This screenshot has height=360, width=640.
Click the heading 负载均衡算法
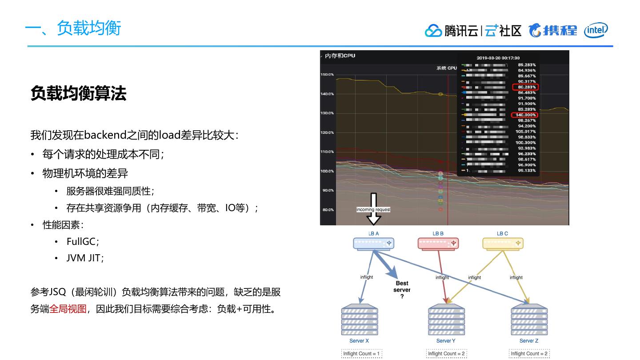(x=78, y=93)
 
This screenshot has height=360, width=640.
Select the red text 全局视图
(x=68, y=308)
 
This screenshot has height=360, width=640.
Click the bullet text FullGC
(x=82, y=241)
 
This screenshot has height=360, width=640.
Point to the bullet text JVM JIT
(x=84, y=258)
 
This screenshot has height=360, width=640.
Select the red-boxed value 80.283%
(x=525, y=87)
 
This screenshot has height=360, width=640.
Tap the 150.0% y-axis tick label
(x=327, y=75)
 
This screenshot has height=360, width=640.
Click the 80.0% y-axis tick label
(x=328, y=210)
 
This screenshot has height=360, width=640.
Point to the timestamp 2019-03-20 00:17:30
(x=498, y=58)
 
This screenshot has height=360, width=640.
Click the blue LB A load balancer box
(x=373, y=244)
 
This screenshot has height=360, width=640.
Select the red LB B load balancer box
(x=438, y=244)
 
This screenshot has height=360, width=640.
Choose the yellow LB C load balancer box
(x=503, y=244)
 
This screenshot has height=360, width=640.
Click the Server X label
(x=359, y=341)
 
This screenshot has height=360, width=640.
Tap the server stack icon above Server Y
(x=446, y=320)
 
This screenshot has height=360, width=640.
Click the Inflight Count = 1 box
(x=361, y=354)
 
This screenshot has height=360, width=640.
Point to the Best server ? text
(x=402, y=289)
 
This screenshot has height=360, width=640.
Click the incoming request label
(x=373, y=209)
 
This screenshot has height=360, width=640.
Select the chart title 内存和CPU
(x=340, y=56)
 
